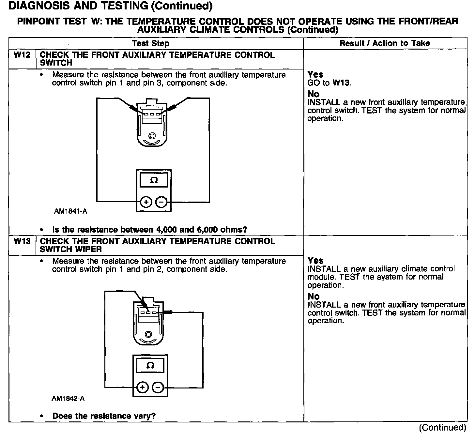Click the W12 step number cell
coord(22,55)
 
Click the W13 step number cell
coord(22,241)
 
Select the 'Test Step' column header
coord(150,43)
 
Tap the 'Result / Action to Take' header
coord(385,43)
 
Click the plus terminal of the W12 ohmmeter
coord(146,203)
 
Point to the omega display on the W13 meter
coord(150,365)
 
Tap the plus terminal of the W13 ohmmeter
coord(142,388)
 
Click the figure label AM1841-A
coord(70,211)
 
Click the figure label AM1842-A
coord(68,399)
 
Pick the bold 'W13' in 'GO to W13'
coord(341,83)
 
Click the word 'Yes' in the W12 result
coord(315,74)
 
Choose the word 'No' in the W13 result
coord(314,297)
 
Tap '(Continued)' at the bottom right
coord(442,428)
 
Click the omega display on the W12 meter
coord(154,180)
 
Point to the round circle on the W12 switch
coord(152,136)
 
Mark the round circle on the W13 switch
coord(148,334)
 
